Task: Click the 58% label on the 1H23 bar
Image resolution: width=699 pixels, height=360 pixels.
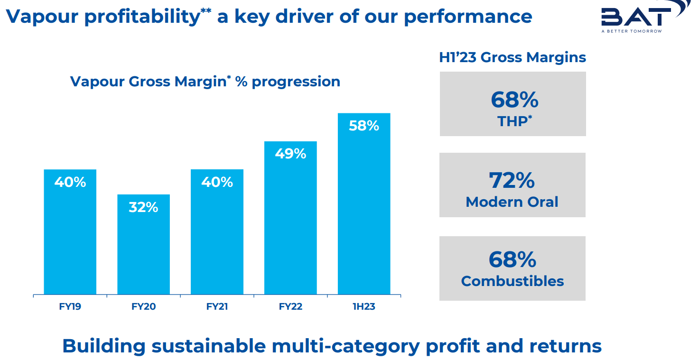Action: click(x=364, y=126)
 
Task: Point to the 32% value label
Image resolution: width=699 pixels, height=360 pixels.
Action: click(x=143, y=207)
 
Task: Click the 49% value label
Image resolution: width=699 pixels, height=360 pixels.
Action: click(x=290, y=154)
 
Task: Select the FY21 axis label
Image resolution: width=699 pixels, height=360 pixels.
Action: click(x=217, y=307)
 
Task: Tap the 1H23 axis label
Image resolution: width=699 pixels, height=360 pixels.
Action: click(x=364, y=307)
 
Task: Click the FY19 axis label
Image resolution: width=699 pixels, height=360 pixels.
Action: click(x=70, y=307)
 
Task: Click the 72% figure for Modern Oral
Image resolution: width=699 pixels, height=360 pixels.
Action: click(x=512, y=180)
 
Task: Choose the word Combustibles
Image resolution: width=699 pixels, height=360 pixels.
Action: click(x=513, y=281)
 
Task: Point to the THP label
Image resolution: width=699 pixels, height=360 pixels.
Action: click(x=513, y=121)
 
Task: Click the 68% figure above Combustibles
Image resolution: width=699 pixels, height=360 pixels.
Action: click(x=513, y=259)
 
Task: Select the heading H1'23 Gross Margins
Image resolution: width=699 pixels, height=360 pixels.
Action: click(x=513, y=58)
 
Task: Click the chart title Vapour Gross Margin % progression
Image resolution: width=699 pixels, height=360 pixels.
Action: click(x=205, y=82)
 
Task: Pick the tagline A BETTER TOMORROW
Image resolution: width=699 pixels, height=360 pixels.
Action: click(x=631, y=31)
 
